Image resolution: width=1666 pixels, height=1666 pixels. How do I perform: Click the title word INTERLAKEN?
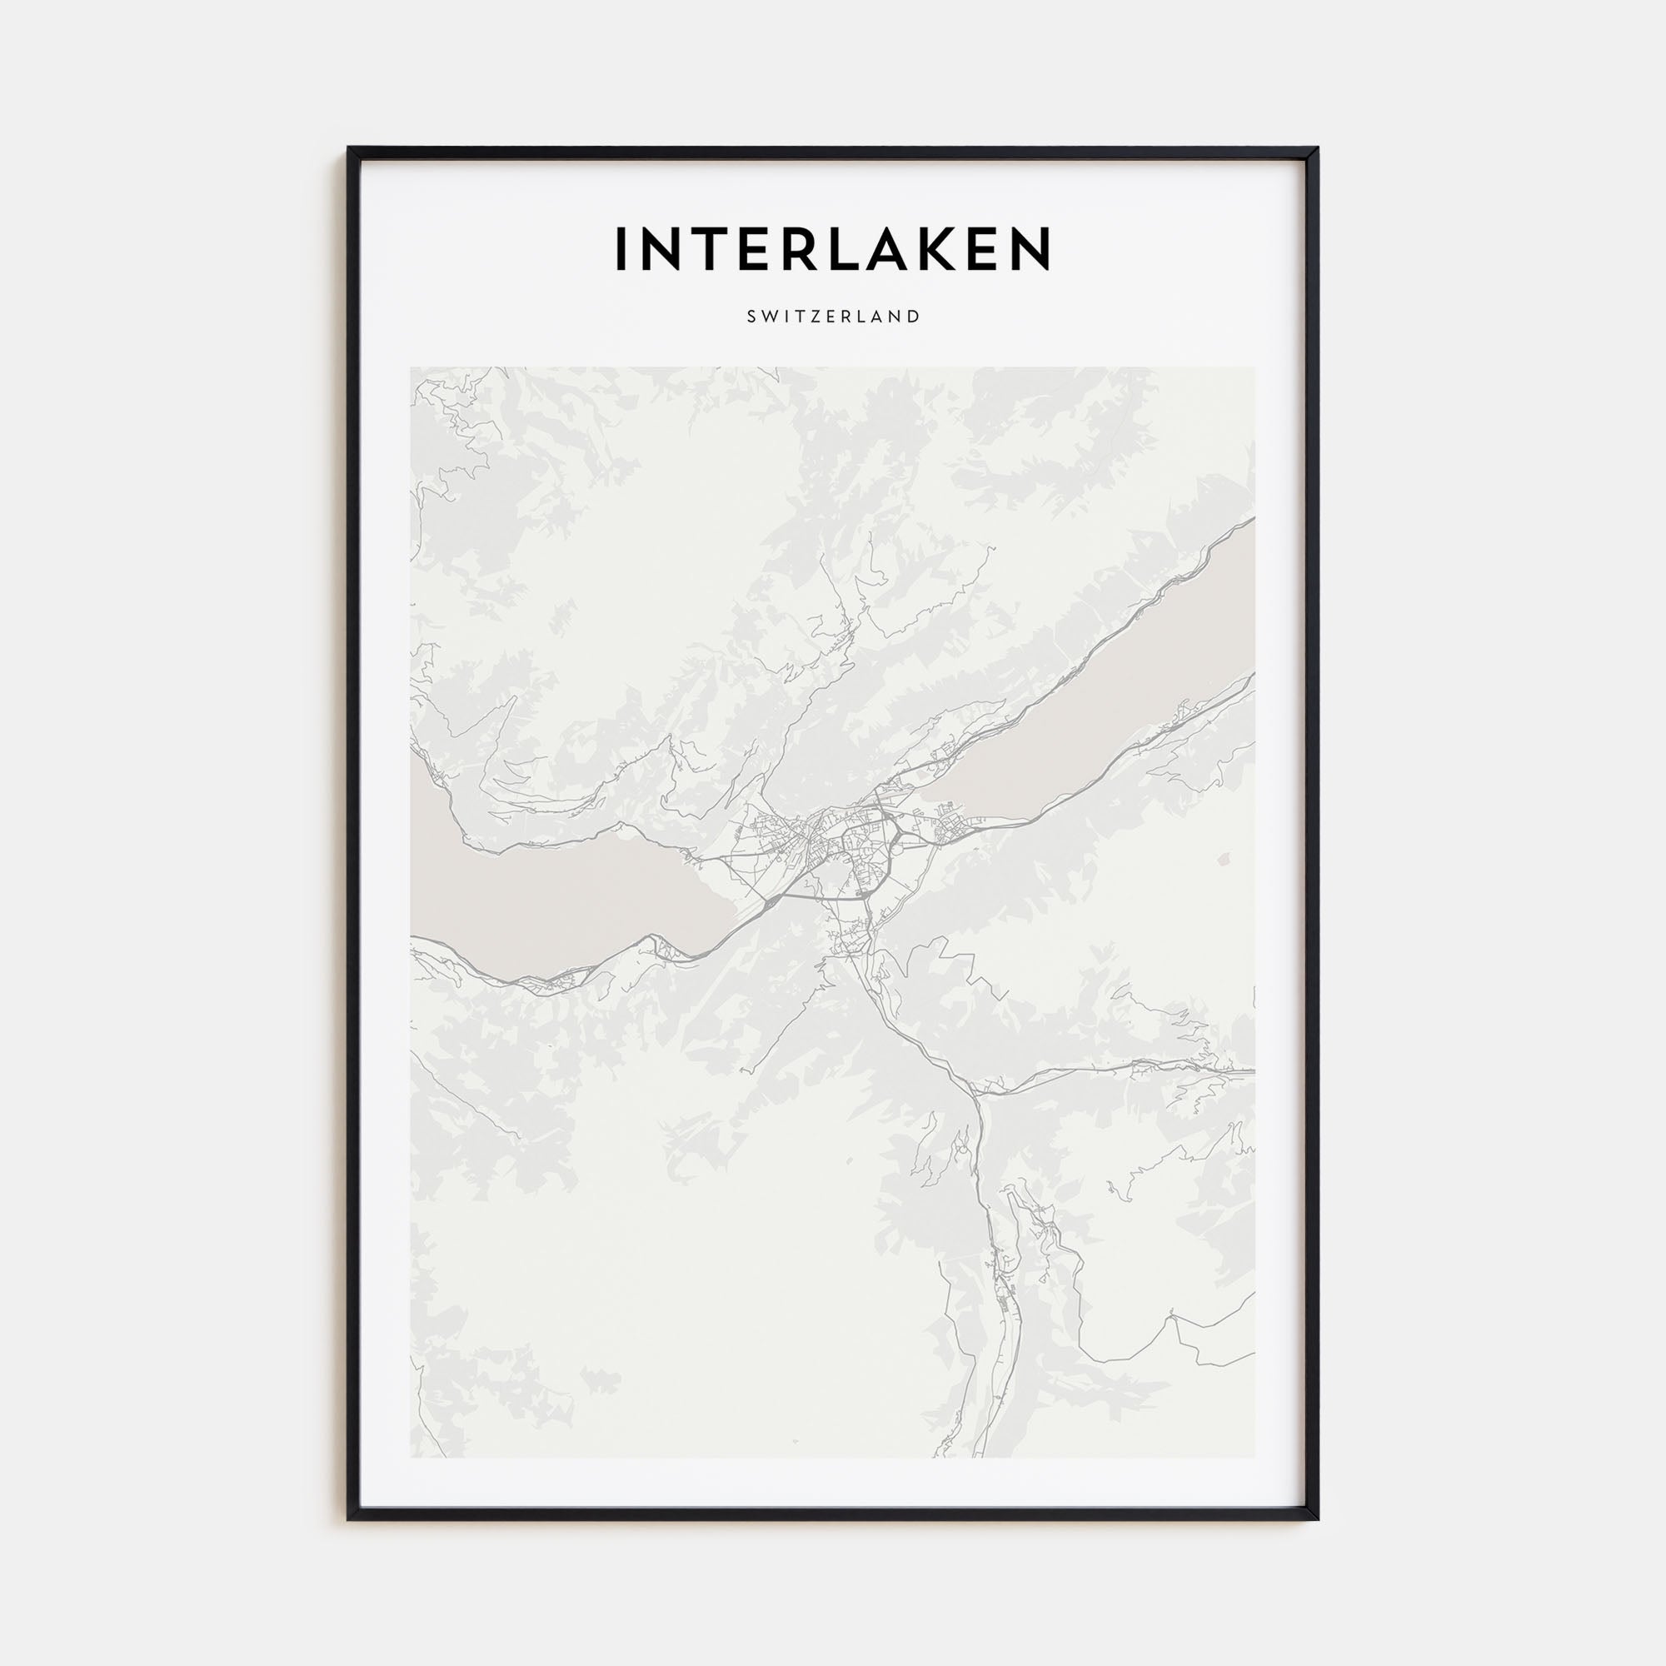(x=832, y=248)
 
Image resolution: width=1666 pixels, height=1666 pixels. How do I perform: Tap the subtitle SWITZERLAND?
(x=833, y=317)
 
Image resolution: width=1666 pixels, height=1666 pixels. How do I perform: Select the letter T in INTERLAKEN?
(x=712, y=248)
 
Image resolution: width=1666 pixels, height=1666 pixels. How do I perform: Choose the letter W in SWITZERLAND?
(x=769, y=317)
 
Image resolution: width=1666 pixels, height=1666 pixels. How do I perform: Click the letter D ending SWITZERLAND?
(x=913, y=317)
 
